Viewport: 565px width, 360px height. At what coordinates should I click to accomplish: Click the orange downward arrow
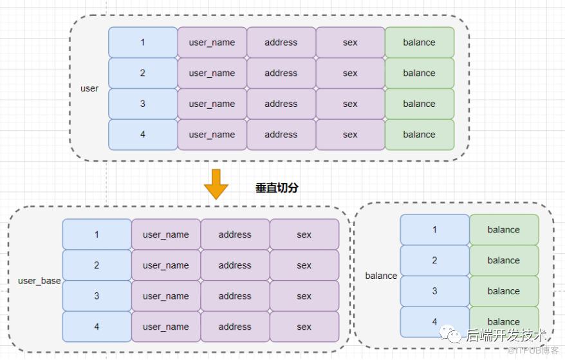(x=216, y=184)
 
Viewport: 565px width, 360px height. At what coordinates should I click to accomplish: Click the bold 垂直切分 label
(x=277, y=188)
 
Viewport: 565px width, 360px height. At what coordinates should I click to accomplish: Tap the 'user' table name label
(x=89, y=88)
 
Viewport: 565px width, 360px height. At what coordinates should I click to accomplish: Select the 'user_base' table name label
(x=39, y=281)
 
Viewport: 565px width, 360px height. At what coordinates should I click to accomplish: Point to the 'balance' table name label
(x=381, y=276)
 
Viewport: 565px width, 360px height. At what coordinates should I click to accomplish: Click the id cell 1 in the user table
(x=143, y=43)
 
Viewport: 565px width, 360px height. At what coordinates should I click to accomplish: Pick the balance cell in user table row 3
(x=419, y=104)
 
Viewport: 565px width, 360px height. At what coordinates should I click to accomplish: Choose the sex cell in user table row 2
(x=350, y=73)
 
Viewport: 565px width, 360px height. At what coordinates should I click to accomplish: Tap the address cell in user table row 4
(x=281, y=135)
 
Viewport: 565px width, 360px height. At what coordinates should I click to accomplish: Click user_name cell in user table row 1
(x=212, y=43)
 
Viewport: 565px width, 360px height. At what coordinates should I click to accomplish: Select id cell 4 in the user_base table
(x=97, y=327)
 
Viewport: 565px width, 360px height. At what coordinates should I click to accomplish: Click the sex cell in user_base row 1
(x=304, y=234)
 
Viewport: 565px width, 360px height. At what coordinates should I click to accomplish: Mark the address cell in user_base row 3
(x=235, y=296)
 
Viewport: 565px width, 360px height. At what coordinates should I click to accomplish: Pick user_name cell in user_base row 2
(x=166, y=265)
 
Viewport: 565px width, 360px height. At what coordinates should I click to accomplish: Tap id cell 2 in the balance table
(x=434, y=260)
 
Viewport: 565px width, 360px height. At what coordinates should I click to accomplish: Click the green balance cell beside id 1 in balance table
(x=504, y=230)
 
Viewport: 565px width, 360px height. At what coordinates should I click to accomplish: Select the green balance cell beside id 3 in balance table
(x=504, y=291)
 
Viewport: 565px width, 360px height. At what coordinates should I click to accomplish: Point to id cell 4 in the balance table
(x=434, y=321)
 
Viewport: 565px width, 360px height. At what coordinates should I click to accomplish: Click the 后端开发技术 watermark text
(x=506, y=335)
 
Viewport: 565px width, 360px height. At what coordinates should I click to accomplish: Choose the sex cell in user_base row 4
(x=304, y=327)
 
